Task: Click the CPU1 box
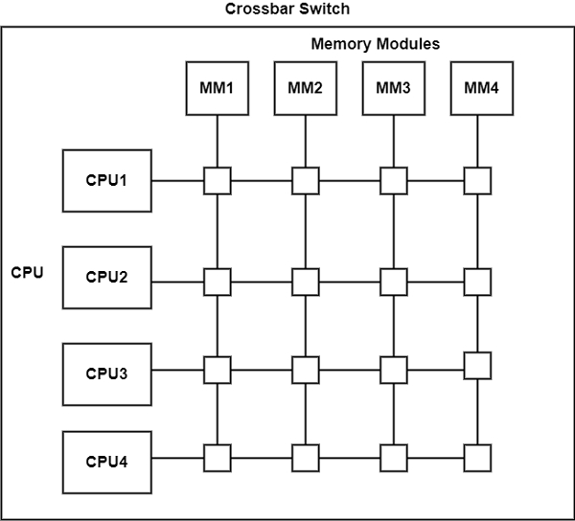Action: pos(106,180)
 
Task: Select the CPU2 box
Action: pos(106,278)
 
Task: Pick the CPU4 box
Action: pos(106,463)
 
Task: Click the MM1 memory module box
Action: pos(218,88)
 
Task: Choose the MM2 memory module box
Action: pos(305,88)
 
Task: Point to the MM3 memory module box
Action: pos(393,88)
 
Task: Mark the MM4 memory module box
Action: pos(481,88)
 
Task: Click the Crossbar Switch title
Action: pos(286,10)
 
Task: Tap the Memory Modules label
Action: pos(376,44)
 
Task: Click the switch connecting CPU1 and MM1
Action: pos(218,180)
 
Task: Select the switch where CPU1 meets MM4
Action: pos(477,180)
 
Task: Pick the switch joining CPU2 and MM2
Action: pos(305,282)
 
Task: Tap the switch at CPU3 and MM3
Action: pos(393,369)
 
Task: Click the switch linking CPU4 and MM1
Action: pos(218,458)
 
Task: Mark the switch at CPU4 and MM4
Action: pos(477,458)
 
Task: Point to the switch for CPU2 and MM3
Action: pos(393,282)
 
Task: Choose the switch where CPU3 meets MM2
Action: pos(305,369)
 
